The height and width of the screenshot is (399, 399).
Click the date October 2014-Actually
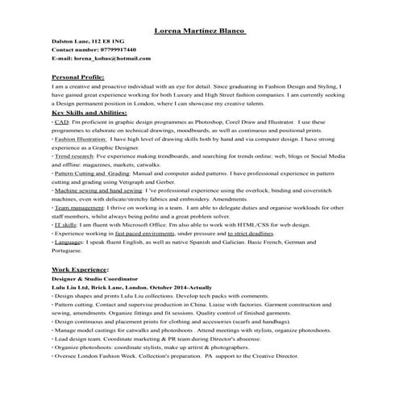tap(182, 286)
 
